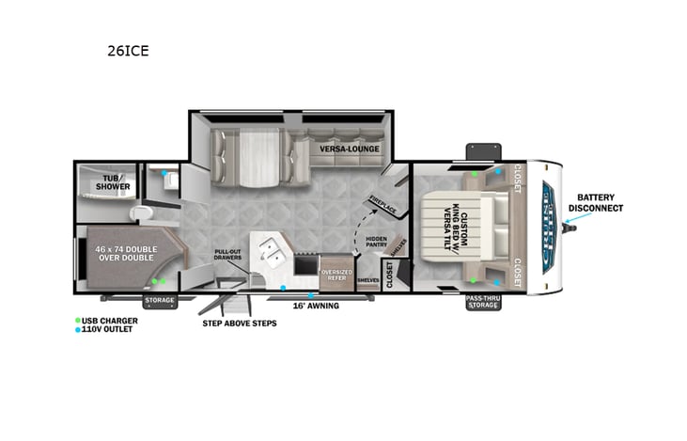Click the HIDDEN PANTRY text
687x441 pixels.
pos(376,244)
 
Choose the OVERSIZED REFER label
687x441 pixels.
pos(336,276)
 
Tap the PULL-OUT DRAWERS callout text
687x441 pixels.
pos(227,255)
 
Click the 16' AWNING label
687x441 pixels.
pos(315,306)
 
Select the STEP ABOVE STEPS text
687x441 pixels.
pos(239,323)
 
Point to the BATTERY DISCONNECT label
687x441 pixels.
pos(601,202)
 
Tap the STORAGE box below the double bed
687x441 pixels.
pos(158,301)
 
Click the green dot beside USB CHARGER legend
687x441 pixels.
pos(78,321)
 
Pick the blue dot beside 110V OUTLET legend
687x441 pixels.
pos(78,330)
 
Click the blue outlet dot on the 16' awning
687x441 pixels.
pos(310,296)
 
